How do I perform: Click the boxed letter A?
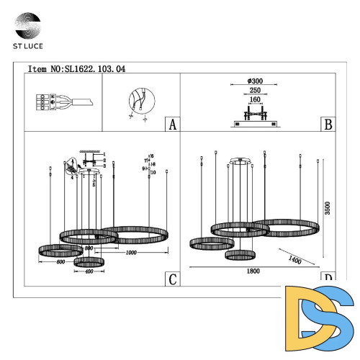171,125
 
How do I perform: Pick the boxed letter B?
328,125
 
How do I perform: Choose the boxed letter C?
171,279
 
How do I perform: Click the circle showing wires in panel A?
138,102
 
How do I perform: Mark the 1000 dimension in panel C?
131,253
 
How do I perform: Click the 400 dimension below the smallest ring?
89,272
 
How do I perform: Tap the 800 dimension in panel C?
89,248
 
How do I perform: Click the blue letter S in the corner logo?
333,315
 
